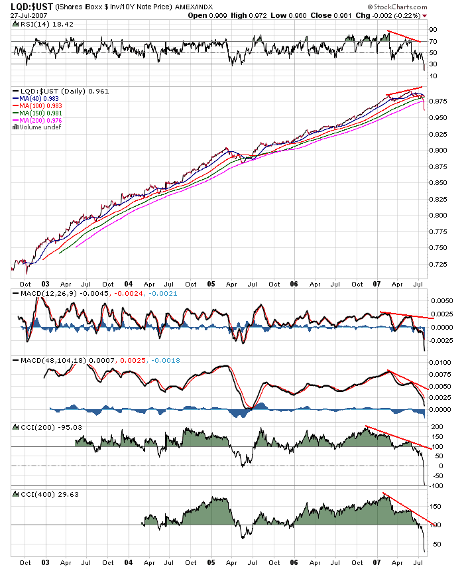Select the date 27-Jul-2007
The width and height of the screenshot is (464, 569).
pos(19,15)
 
